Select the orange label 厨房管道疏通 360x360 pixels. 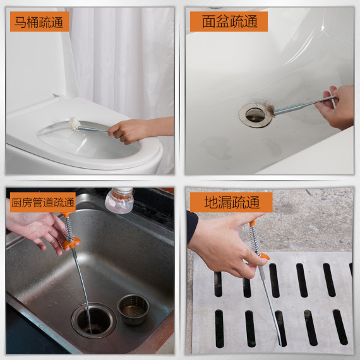42,203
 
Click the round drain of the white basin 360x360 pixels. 255,114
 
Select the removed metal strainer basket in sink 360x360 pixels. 133,308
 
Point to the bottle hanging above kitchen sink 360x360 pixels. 119,200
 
